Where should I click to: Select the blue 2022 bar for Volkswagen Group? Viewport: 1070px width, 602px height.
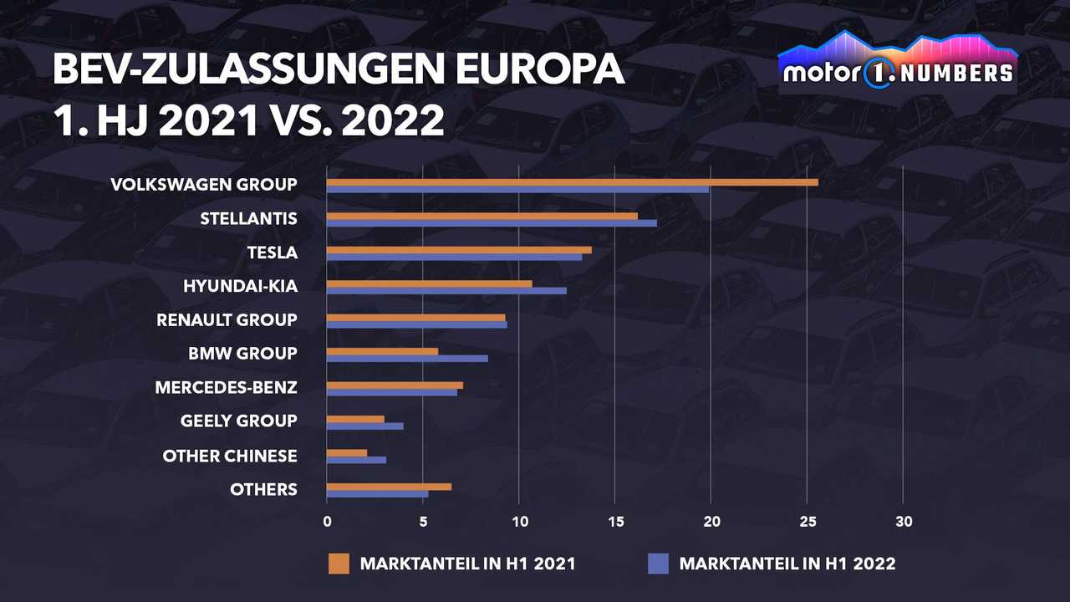tap(517, 190)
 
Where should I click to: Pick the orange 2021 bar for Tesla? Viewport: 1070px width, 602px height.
tap(459, 249)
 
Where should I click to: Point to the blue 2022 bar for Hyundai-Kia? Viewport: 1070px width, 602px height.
tap(446, 291)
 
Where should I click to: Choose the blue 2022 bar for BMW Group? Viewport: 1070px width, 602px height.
tap(407, 359)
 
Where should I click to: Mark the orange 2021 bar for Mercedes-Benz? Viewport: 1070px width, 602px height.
tap(395, 385)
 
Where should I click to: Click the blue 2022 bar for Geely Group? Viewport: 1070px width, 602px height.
tap(364, 426)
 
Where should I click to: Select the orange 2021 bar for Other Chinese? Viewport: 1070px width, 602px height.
tap(347, 452)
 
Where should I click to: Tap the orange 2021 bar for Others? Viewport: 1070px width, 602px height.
tap(389, 486)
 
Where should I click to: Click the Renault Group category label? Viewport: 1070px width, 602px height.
tap(227, 320)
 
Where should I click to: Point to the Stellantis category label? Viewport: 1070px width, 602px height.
tap(248, 219)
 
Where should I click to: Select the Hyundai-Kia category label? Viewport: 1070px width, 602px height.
tap(240, 287)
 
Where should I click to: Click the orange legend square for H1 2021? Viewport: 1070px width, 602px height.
tap(339, 564)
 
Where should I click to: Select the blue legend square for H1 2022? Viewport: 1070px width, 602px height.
tap(658, 564)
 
